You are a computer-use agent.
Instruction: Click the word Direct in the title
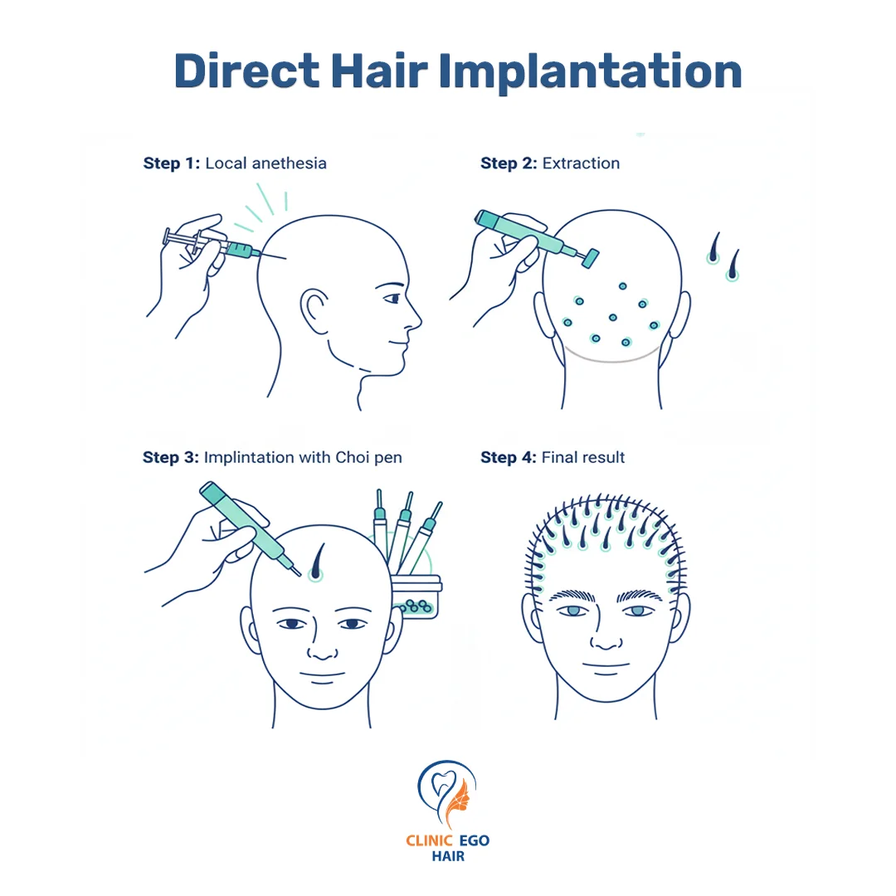[x=247, y=71]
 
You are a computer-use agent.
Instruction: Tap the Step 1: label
[x=172, y=163]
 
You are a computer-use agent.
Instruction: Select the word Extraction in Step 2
[x=581, y=163]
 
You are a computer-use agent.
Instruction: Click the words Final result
[x=583, y=458]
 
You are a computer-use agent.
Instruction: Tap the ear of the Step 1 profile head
[x=314, y=310]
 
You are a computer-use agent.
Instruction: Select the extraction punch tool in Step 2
[x=536, y=239]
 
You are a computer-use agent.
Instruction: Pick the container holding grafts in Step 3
[x=416, y=597]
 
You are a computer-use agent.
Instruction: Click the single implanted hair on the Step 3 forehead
[x=317, y=562]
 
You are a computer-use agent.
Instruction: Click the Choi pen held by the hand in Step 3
[x=250, y=528]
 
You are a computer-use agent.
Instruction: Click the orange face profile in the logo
[x=458, y=799]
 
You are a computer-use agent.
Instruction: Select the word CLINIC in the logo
[x=429, y=840]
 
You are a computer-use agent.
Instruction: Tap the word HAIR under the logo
[x=448, y=856]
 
